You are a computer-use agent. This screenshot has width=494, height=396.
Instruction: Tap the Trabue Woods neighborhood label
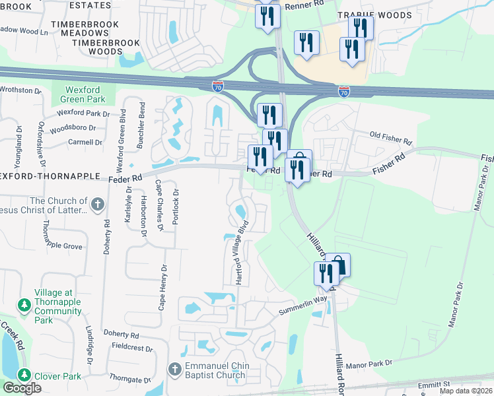(x=374, y=15)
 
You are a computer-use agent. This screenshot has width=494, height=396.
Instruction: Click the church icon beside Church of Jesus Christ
(x=97, y=203)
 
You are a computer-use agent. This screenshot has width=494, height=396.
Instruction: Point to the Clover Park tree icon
(x=24, y=376)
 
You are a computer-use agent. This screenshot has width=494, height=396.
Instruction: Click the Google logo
(x=22, y=388)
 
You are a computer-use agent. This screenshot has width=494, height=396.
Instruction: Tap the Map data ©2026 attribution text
(x=466, y=391)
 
